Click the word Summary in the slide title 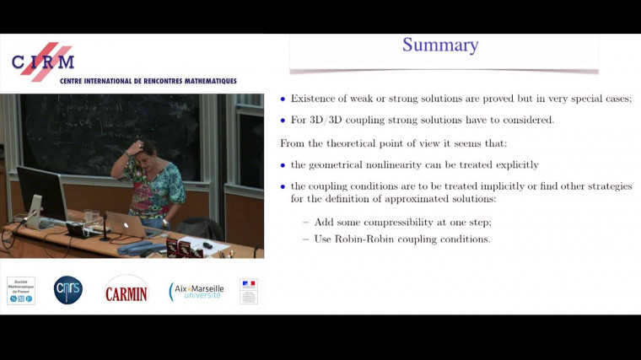point(439,45)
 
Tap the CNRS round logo point(68,290)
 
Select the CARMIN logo point(126,292)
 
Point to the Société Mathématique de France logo point(21,290)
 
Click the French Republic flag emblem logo point(249,291)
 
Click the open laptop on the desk point(126,225)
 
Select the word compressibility point(390,222)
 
